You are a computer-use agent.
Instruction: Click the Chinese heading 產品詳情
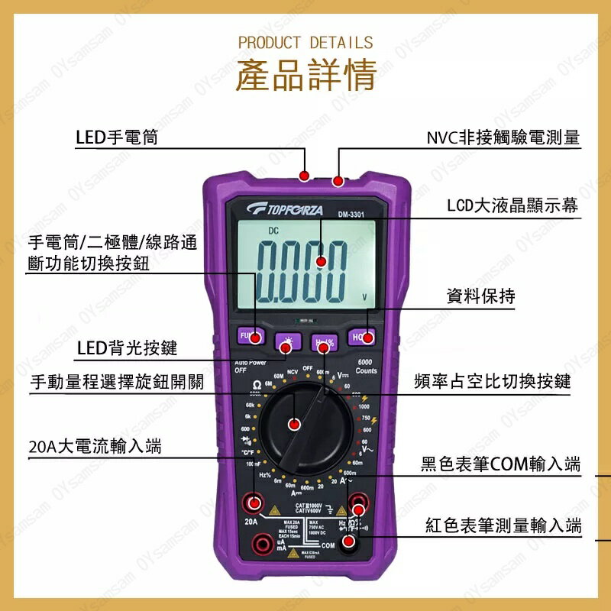[x=305, y=75]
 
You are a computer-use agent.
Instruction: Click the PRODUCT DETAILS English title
[x=305, y=42]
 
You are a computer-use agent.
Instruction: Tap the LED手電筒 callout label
[x=116, y=137]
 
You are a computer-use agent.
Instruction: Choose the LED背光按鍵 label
[x=127, y=348]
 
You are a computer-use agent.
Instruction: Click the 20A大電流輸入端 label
[x=94, y=445]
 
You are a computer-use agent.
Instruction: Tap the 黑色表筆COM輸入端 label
[x=499, y=464]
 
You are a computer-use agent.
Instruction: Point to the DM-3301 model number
[x=351, y=215]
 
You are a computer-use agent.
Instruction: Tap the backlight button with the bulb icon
[x=286, y=343]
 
